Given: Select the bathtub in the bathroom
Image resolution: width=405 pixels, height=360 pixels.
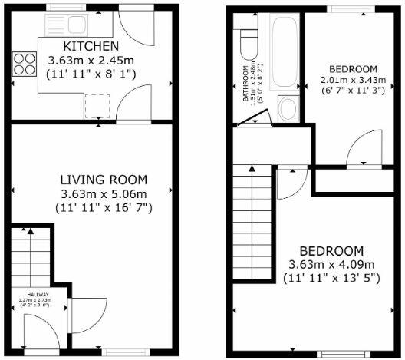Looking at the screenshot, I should click(283, 51).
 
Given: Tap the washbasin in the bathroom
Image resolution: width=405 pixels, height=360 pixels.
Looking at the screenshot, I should click(288, 108).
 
